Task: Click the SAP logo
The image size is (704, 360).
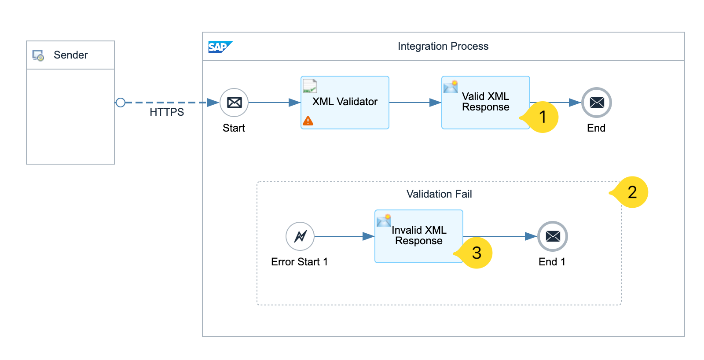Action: (219, 47)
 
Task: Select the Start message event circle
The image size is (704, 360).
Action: (234, 103)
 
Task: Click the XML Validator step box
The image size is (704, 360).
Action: (345, 103)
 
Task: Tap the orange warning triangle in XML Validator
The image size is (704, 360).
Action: (308, 121)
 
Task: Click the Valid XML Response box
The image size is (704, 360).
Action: (485, 103)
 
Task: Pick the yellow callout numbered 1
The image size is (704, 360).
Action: (543, 117)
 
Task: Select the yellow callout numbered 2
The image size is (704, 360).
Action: (632, 192)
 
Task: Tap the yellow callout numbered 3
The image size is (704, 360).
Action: (477, 253)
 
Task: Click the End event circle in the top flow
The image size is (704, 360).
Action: (597, 103)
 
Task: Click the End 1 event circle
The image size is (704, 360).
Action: (553, 236)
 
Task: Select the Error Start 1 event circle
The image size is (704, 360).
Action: (300, 236)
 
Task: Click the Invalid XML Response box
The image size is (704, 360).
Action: (418, 236)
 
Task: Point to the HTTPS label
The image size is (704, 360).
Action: (167, 112)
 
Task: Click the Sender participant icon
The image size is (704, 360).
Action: (38, 55)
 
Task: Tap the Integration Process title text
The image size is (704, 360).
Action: (443, 46)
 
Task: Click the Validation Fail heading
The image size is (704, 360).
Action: (439, 194)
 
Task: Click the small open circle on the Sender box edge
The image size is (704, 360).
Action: (121, 103)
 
